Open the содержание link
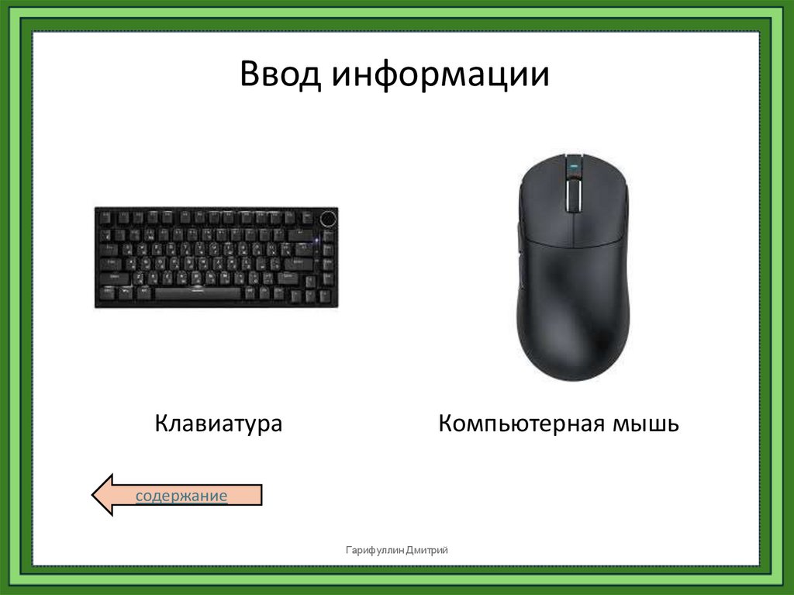pyautogui.click(x=181, y=496)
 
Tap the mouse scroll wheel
pyautogui.click(x=574, y=193)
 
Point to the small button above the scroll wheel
pyautogui.click(x=574, y=165)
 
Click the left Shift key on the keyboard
pyautogui.click(x=113, y=278)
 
